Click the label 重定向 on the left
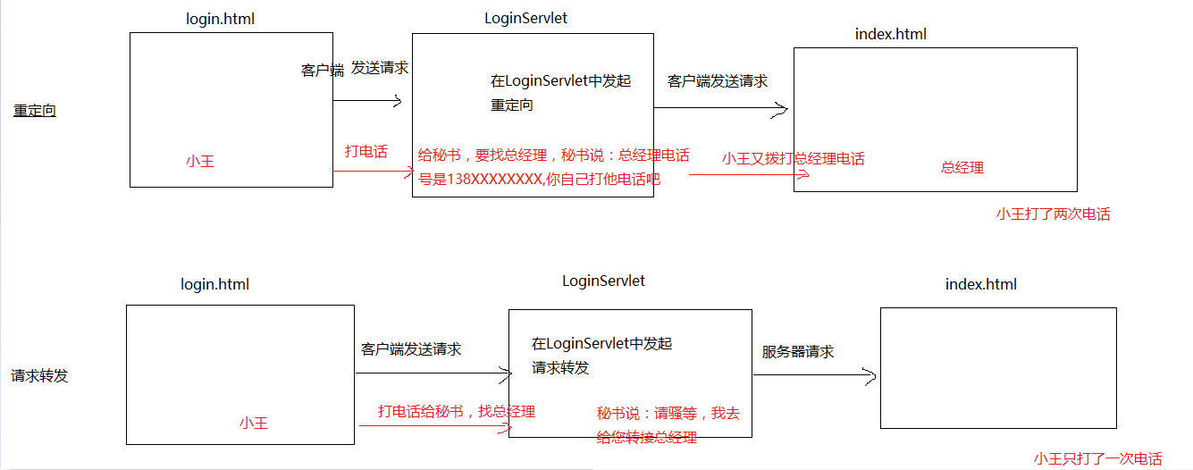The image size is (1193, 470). [35, 112]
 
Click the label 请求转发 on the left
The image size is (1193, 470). [39, 375]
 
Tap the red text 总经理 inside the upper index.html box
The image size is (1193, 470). [962, 167]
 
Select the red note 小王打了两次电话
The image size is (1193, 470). [1053, 214]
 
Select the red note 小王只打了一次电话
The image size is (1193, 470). [1098, 458]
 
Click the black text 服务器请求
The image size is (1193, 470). [798, 352]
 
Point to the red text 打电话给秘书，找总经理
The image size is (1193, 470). [456, 411]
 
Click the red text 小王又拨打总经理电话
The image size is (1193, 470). [794, 158]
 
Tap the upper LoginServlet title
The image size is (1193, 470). [525, 18]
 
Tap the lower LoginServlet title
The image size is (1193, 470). [603, 281]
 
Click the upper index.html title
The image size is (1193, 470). [890, 34]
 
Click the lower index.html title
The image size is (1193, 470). [980, 284]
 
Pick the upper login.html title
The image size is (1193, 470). [220, 19]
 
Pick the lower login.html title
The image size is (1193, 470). [214, 284]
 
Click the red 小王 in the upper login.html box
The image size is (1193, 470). [200, 162]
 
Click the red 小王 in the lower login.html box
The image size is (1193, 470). [253, 423]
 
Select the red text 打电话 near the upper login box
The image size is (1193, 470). [366, 151]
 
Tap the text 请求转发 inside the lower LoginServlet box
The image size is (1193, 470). [560, 368]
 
